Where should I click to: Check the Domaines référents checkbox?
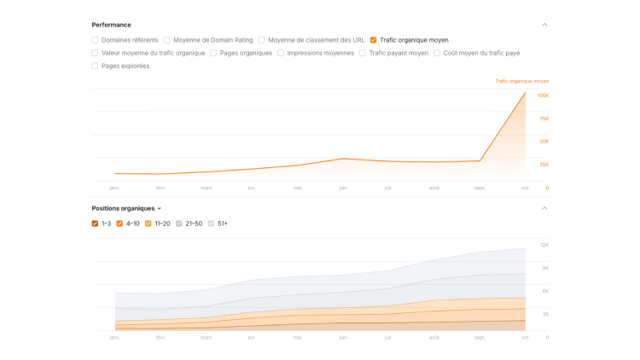point(95,40)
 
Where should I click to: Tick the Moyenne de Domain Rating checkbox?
point(166,40)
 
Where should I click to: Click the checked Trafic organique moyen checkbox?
point(374,40)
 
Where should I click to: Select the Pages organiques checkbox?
point(213,53)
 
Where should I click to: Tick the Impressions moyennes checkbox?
point(281,53)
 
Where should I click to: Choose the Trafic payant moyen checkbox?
point(363,53)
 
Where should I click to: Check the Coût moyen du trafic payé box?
point(437,53)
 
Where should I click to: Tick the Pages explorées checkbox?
point(95,66)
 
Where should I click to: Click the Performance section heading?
point(111,25)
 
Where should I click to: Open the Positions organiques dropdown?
point(126,208)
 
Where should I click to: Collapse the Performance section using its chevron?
point(544,25)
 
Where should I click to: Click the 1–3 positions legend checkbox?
point(95,224)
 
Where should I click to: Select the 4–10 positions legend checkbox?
point(119,224)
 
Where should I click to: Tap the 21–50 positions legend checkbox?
point(179,224)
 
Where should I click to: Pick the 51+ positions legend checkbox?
point(212,224)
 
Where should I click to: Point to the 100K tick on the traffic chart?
point(543,96)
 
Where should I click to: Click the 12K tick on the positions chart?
point(544,246)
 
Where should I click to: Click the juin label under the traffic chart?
point(342,188)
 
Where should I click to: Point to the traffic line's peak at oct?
point(525,93)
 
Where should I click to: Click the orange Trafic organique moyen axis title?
point(521,81)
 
